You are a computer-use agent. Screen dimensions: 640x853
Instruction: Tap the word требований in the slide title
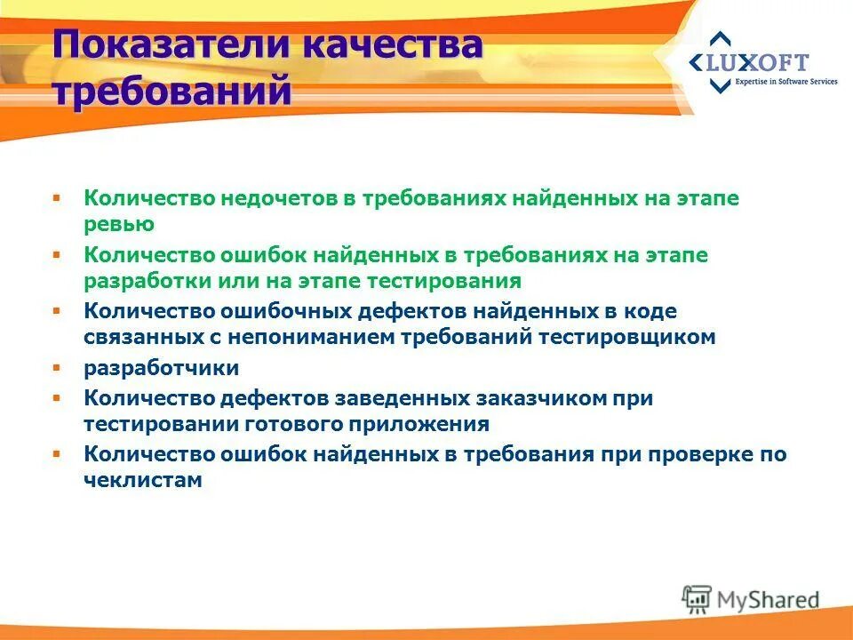pyautogui.click(x=171, y=91)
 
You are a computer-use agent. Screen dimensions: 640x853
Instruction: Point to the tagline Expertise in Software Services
pyautogui.click(x=785, y=82)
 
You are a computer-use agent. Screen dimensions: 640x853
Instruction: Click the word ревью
pyautogui.click(x=119, y=224)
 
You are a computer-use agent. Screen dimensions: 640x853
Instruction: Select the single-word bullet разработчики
pyautogui.click(x=162, y=368)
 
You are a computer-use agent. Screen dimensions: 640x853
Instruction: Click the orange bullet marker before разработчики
pyautogui.click(x=56, y=367)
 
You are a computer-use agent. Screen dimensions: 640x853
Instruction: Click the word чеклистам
pyautogui.click(x=143, y=480)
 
